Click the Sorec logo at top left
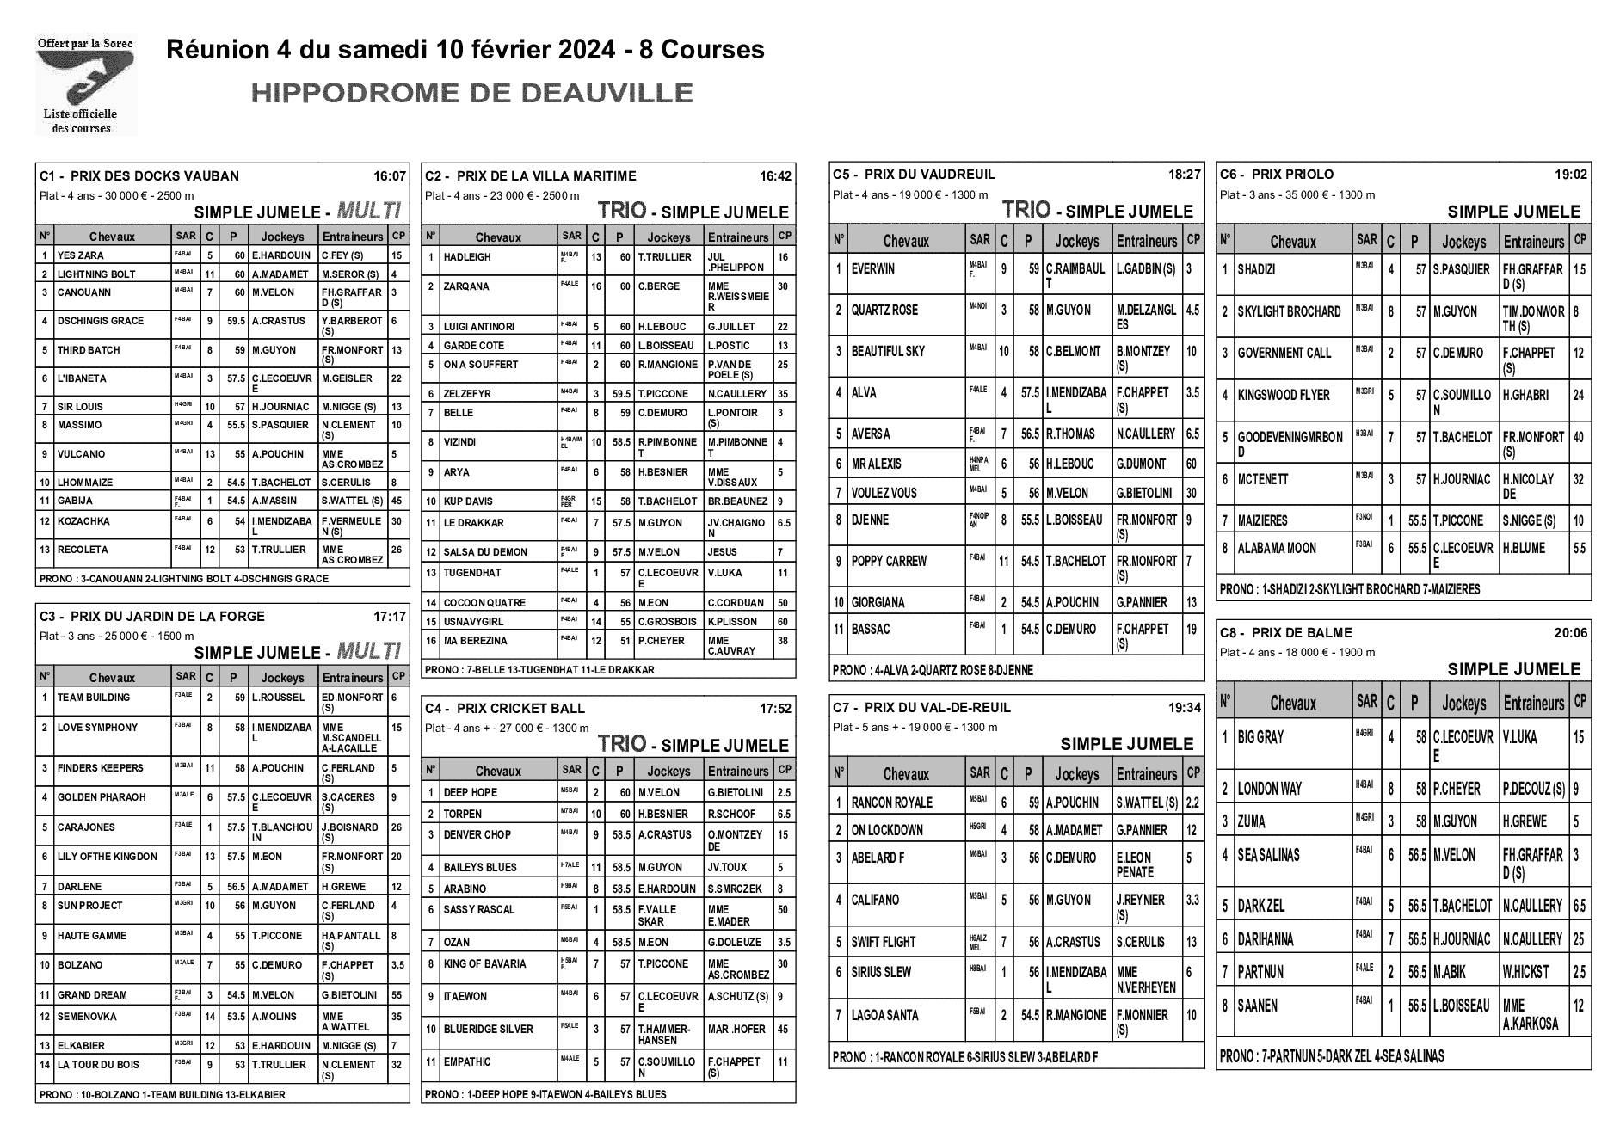[x=84, y=83]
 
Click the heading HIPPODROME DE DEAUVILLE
[x=471, y=93]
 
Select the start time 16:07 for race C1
[x=389, y=176]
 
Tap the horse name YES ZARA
[x=80, y=255]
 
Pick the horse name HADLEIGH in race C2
[x=467, y=257]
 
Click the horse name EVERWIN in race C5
[x=872, y=269]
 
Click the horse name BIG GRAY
[x=1260, y=737]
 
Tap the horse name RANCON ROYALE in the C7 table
[x=891, y=803]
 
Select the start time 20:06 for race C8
[x=1571, y=633]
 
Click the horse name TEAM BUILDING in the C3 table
[x=94, y=698]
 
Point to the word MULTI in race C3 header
[x=369, y=650]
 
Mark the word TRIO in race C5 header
[x=1026, y=210]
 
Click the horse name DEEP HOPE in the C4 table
[x=470, y=793]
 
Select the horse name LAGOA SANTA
[x=885, y=1015]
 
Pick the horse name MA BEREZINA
[x=475, y=641]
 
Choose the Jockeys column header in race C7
[x=1076, y=774]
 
